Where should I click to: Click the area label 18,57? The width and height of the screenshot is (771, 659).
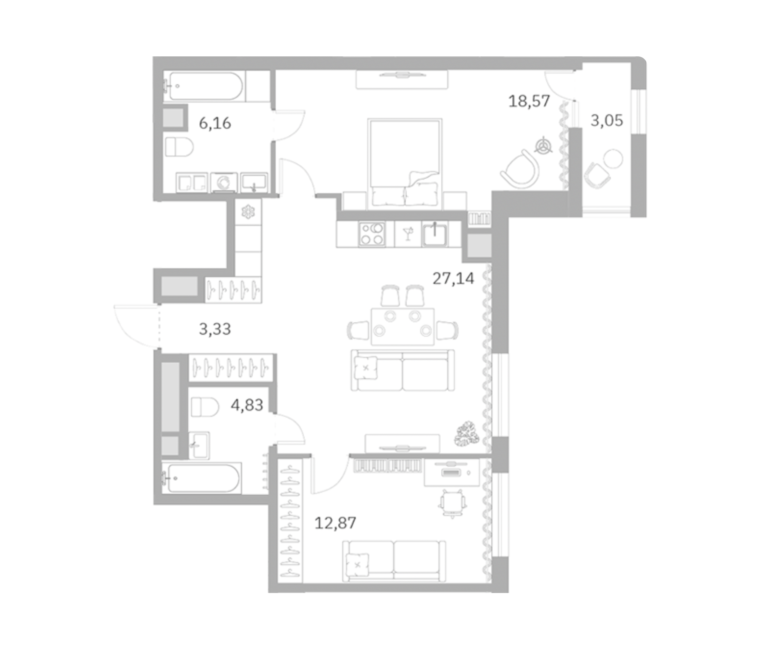(529, 101)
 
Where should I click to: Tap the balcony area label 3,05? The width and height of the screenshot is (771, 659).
(606, 120)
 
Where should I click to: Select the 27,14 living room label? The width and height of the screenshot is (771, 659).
(453, 278)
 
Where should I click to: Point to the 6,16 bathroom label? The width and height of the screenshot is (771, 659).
(215, 123)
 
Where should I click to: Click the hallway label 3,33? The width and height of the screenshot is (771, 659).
(215, 329)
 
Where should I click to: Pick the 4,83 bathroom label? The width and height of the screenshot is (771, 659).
(247, 405)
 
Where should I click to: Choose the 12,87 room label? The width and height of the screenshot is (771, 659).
(335, 523)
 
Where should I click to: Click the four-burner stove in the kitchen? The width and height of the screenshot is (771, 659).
(372, 234)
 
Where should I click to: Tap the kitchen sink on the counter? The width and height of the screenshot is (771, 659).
(435, 235)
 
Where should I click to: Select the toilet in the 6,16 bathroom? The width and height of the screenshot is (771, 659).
(179, 147)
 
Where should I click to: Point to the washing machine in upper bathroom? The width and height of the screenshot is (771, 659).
(224, 183)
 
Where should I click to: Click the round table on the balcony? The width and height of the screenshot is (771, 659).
(613, 158)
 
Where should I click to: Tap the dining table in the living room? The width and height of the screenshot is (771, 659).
(402, 326)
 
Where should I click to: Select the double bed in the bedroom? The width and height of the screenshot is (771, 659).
(404, 164)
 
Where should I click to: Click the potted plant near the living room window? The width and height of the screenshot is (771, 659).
(466, 434)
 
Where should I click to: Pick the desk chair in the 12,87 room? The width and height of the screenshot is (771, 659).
(452, 503)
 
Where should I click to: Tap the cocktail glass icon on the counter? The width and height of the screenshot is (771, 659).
(408, 234)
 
